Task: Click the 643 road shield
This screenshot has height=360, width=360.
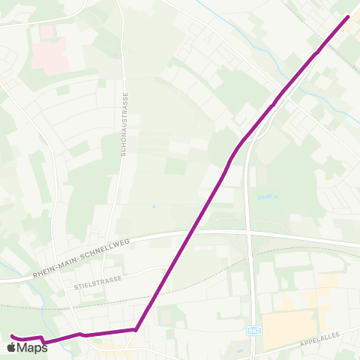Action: coord(254,328)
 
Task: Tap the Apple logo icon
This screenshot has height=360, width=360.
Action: coord(10,347)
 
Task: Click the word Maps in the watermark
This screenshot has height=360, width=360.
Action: coord(32,347)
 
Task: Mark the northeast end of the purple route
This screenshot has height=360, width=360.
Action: coord(348,17)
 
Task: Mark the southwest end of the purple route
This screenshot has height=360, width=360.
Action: coord(13,336)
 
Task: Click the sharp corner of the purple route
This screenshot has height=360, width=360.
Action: coord(136,328)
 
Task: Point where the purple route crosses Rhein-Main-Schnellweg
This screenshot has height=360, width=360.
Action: coord(184,235)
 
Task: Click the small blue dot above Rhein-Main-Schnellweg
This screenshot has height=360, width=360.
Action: coord(153,205)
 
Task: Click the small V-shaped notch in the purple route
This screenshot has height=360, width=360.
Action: coord(45,341)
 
